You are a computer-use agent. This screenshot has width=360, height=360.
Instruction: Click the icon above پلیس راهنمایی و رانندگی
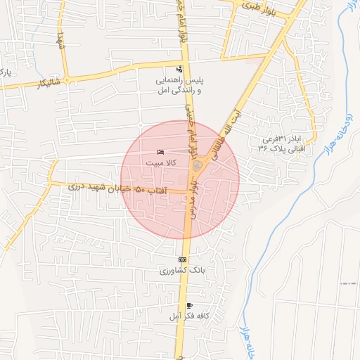(x=180, y=70)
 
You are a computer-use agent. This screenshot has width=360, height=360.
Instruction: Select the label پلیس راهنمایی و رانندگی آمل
(x=179, y=86)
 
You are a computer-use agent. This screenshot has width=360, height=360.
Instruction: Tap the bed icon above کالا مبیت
(x=161, y=153)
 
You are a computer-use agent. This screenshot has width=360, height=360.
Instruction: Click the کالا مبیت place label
(x=161, y=162)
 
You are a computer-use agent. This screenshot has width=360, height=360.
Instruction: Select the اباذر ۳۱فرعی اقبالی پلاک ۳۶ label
(x=283, y=144)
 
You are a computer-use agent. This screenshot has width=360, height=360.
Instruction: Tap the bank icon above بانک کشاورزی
(x=183, y=259)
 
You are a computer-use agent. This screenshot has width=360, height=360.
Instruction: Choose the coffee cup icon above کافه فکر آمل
(x=189, y=305)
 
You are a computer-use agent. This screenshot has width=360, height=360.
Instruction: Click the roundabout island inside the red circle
(x=198, y=166)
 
